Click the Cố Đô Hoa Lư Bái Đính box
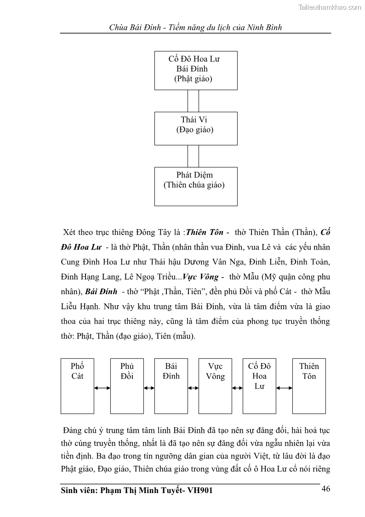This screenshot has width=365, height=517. point(196,70)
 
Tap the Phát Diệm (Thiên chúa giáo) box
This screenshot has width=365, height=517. point(196,186)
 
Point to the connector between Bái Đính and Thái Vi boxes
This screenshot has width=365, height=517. point(194,101)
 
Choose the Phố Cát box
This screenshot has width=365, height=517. point(77,386)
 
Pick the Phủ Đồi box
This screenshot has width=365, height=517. point(126,386)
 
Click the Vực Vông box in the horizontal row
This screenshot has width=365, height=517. point(215,386)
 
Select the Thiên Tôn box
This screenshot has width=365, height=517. point(309,386)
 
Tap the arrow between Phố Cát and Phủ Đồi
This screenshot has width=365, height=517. point(102,388)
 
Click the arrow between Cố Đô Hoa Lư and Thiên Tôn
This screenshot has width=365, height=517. point(285,388)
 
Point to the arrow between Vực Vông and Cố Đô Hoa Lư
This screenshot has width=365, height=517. point(237,388)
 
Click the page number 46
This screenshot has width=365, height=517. point(325,489)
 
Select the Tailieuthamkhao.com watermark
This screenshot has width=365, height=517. point(330,7)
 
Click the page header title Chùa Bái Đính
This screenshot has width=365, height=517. point(195,27)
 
